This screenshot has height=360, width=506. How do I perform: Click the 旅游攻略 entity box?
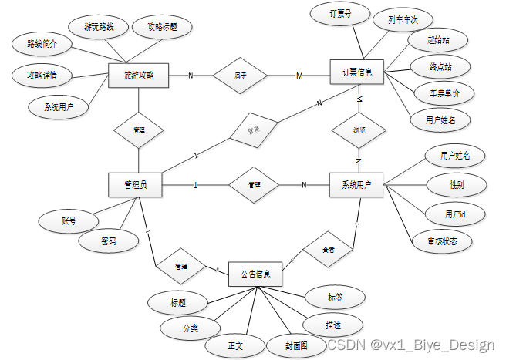(x=139, y=75)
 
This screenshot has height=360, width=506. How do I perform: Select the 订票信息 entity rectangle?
(x=357, y=73)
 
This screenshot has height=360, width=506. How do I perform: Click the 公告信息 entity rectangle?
(x=255, y=274)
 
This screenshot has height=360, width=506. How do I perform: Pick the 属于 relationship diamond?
(x=240, y=75)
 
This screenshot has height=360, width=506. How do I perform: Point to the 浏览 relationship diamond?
(x=359, y=130)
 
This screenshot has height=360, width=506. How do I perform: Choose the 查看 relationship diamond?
(x=327, y=249)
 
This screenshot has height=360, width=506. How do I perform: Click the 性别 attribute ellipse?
(x=456, y=185)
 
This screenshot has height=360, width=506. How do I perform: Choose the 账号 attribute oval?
(x=69, y=220)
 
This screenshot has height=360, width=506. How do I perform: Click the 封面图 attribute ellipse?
(x=296, y=345)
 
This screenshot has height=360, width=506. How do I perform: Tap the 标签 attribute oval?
(x=333, y=296)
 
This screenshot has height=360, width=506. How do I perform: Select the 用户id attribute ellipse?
(x=454, y=213)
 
